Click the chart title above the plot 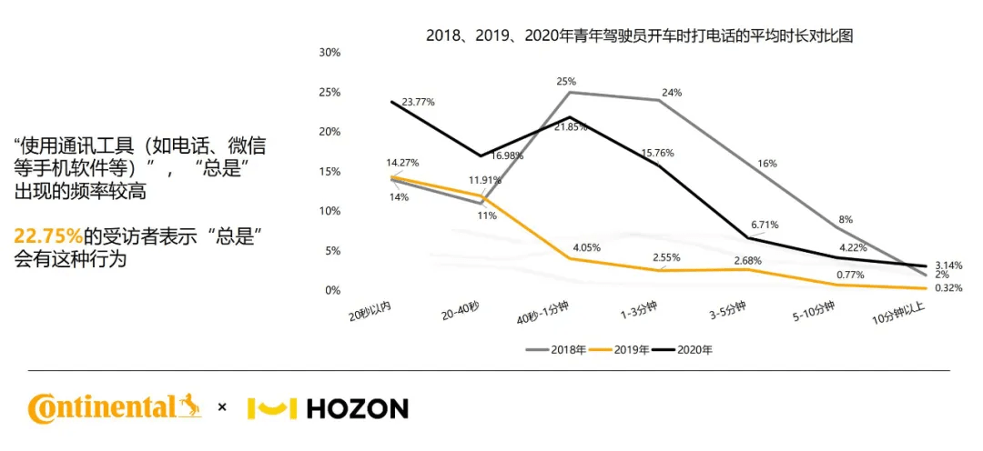coord(640,35)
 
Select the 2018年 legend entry coord(556,350)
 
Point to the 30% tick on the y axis coord(330,54)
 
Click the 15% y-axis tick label coord(330,172)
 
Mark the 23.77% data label coord(419,101)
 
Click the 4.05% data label coord(585,247)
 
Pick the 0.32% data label coord(948,289)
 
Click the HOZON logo coord(329,408)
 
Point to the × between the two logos coord(222,407)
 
